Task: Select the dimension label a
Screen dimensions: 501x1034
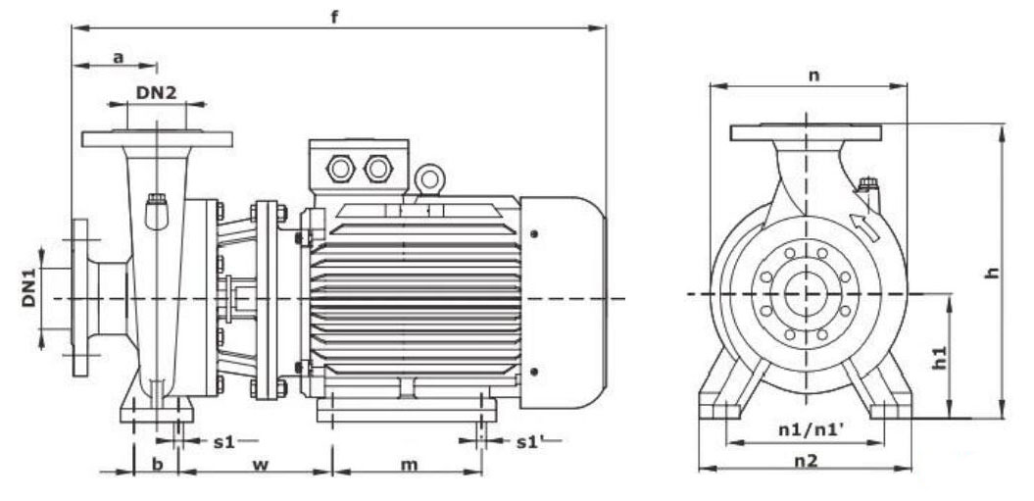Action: tap(118, 58)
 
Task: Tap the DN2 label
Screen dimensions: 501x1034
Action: tap(156, 92)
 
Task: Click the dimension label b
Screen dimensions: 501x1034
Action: tap(157, 464)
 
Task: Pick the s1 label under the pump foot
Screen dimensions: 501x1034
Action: tap(224, 441)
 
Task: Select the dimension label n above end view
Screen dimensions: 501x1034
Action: tap(813, 75)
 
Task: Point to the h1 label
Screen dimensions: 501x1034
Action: tap(939, 358)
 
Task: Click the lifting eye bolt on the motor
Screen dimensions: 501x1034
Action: tap(426, 178)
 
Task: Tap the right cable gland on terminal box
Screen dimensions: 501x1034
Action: tap(377, 169)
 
